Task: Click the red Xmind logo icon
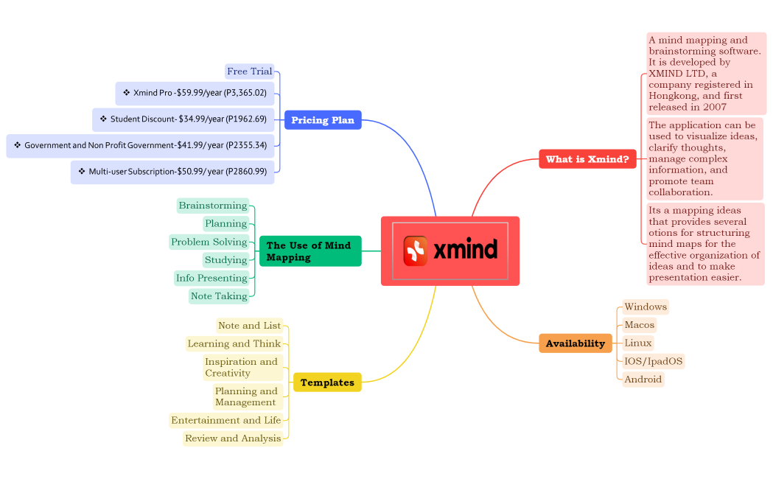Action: (416, 251)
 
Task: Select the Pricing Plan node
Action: (323, 120)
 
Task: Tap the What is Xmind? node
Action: (587, 159)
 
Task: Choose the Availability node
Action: (575, 343)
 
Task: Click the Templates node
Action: (327, 382)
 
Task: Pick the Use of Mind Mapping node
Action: (309, 251)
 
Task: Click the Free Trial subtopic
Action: (249, 71)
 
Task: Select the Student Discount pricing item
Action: (184, 119)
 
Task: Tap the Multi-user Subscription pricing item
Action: (173, 172)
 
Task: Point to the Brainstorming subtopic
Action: (213, 206)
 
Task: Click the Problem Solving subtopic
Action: (209, 242)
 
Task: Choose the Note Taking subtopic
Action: (219, 296)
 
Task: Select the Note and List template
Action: (249, 326)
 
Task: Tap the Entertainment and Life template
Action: (225, 420)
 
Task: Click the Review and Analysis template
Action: (233, 438)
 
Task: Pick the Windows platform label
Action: (645, 307)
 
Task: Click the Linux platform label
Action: (637, 343)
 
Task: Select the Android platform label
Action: (643, 380)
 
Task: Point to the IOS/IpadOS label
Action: (654, 361)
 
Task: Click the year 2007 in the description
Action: (714, 107)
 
